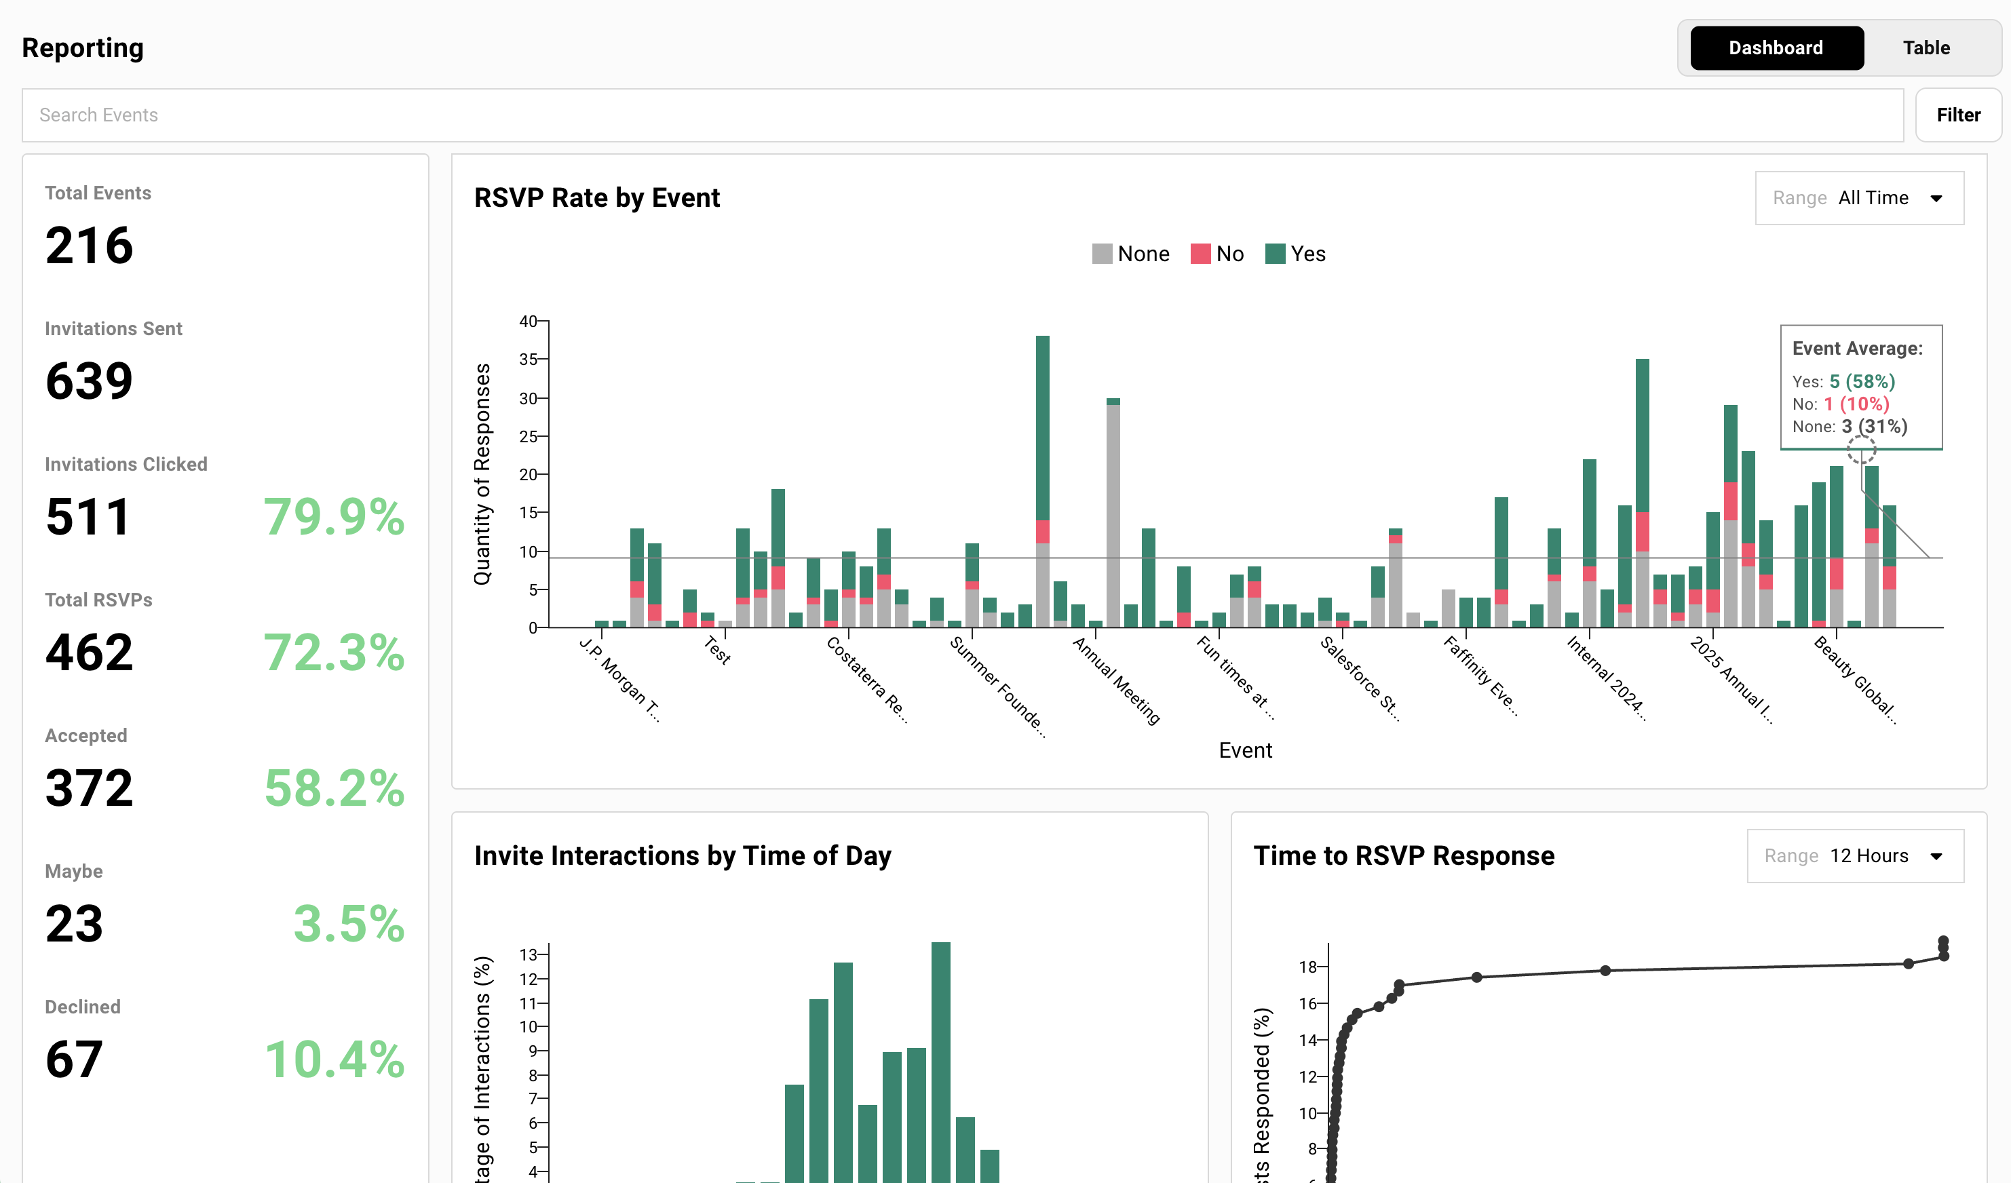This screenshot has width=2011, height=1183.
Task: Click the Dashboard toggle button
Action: click(x=1776, y=48)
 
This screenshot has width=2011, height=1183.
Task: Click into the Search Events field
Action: click(x=957, y=115)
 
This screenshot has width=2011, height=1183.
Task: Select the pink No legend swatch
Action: click(x=1200, y=254)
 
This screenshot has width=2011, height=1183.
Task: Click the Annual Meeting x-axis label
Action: click(x=1115, y=680)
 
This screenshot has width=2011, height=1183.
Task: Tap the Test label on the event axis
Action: click(x=717, y=649)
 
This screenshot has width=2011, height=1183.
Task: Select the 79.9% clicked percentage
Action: click(x=334, y=516)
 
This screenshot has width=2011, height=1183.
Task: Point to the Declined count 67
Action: click(x=73, y=1059)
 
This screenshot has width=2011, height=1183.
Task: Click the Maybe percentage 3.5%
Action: click(x=349, y=923)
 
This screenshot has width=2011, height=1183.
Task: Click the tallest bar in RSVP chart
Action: click(x=1042, y=479)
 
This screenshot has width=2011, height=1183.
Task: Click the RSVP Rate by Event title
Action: click(x=596, y=198)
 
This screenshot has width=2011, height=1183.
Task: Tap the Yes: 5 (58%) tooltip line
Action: click(x=1843, y=381)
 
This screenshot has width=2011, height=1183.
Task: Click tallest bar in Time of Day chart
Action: click(x=940, y=1061)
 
